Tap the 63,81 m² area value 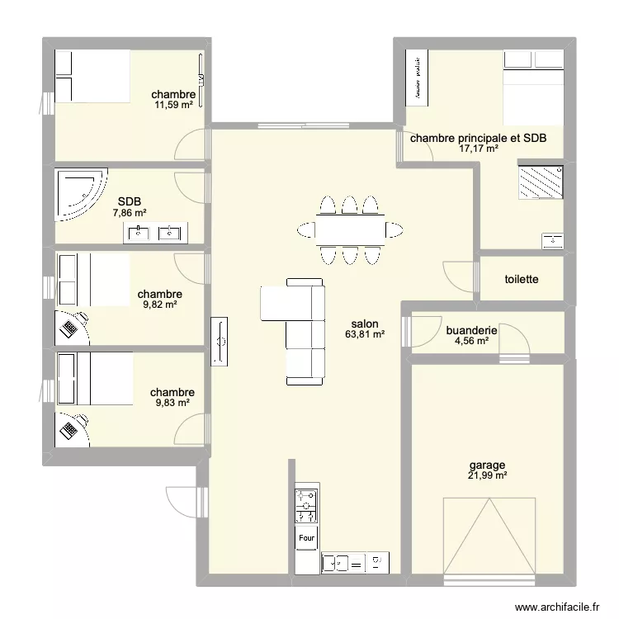(x=365, y=335)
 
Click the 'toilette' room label (x=522, y=280)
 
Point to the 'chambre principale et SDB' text (x=479, y=139)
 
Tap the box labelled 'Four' (x=306, y=537)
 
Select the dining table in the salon (x=349, y=229)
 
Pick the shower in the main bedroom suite (x=541, y=182)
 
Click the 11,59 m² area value (x=173, y=104)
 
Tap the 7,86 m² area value (x=130, y=212)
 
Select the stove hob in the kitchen (x=306, y=504)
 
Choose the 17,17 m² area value (x=479, y=149)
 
